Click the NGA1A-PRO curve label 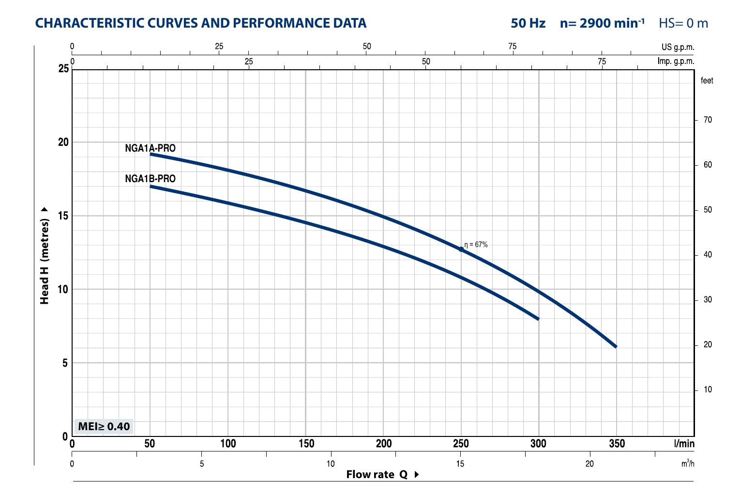coord(150,148)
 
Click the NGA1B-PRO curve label coord(150,179)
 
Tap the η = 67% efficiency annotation coord(476,245)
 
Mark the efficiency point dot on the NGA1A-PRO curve coord(461,249)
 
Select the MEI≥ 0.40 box coord(104,426)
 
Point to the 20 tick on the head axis coord(63,142)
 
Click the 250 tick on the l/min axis coord(461,444)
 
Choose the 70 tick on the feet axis coord(708,120)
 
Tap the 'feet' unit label coord(707,81)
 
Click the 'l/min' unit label coord(684,444)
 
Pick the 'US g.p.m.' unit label coord(678,47)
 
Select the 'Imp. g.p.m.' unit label coord(676,62)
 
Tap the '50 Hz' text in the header coord(528,23)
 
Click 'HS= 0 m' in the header coord(683,23)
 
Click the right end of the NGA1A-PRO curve coord(616,346)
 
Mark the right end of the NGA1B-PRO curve coord(538,318)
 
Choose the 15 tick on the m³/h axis coord(460,464)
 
